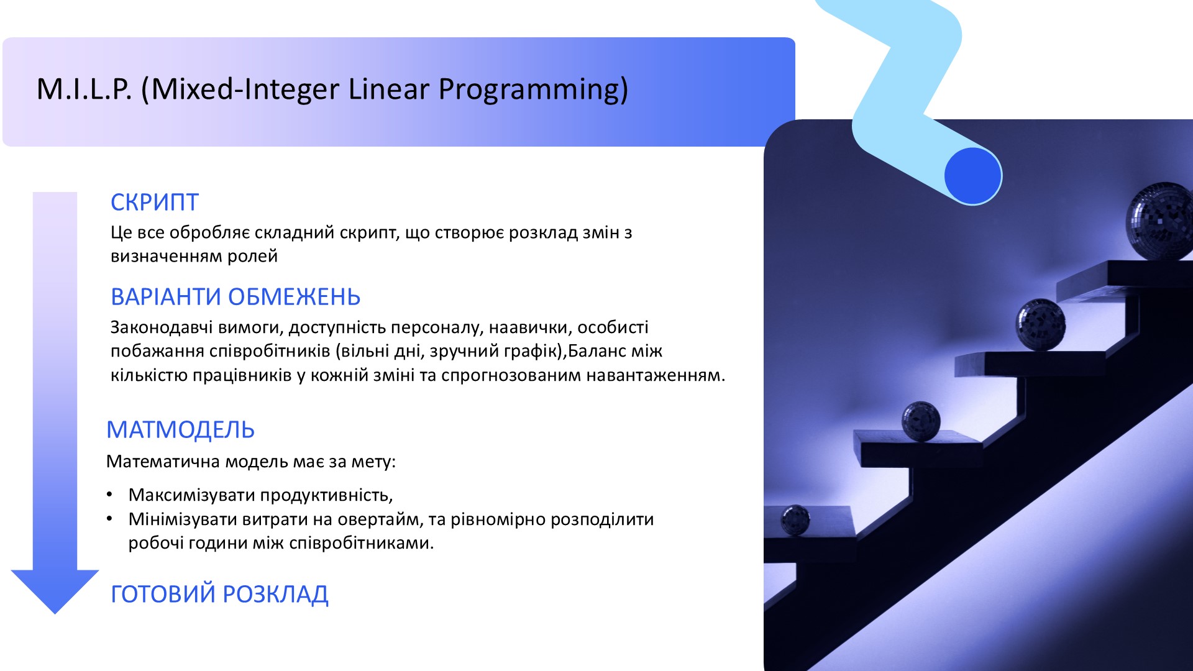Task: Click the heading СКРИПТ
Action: click(x=154, y=203)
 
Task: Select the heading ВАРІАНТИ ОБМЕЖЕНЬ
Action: click(x=235, y=297)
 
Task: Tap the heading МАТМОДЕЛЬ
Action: click(x=180, y=430)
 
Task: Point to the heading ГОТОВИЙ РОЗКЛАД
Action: click(x=219, y=594)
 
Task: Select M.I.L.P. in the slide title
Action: click(x=85, y=89)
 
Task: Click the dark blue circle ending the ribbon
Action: click(x=973, y=176)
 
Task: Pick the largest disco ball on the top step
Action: click(x=1159, y=221)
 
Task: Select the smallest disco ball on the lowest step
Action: click(x=795, y=519)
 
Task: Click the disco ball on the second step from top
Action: click(x=1041, y=324)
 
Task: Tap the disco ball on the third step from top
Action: click(x=921, y=421)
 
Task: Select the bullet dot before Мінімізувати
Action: click(x=110, y=519)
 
